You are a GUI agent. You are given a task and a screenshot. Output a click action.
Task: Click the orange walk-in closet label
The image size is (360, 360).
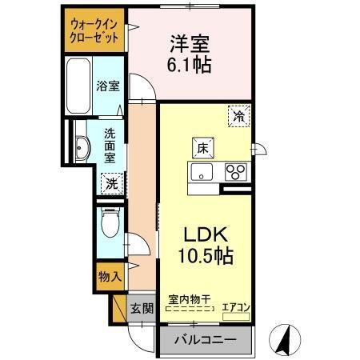click(94, 31)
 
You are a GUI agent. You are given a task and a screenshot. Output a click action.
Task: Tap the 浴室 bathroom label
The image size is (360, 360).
click(107, 83)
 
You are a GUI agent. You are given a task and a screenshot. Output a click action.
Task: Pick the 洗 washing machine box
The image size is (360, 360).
click(111, 182)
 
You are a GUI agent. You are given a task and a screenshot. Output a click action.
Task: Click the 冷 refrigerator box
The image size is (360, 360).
click(238, 115)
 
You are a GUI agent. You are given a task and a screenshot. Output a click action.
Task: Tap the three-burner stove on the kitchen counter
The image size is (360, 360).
click(235, 171)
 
